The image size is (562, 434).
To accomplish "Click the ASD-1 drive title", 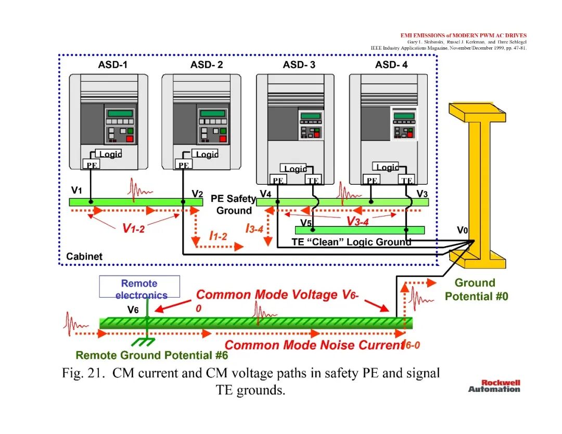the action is (112, 65).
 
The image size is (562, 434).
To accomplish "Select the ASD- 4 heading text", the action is (391, 65).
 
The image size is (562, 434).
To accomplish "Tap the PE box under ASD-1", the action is (92, 164).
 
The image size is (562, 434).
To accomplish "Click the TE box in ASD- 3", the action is (313, 180).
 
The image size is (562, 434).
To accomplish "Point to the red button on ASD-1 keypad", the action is (130, 139).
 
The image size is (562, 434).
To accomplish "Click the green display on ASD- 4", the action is (404, 116).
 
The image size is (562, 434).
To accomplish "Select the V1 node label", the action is (76, 190).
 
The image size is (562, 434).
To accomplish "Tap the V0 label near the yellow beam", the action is (463, 229).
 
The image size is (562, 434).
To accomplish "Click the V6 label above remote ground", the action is (133, 310).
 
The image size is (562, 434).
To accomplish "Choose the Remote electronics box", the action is (139, 287).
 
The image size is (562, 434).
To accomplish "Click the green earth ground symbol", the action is (145, 340).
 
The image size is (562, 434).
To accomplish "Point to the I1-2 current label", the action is (218, 235).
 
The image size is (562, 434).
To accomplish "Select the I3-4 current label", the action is (254, 228).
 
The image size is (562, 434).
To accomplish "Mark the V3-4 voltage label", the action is (357, 222).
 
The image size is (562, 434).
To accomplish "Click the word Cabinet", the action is (84, 257).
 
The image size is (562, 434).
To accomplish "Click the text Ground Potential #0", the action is (476, 289).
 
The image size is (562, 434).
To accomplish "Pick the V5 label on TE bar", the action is (305, 223).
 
